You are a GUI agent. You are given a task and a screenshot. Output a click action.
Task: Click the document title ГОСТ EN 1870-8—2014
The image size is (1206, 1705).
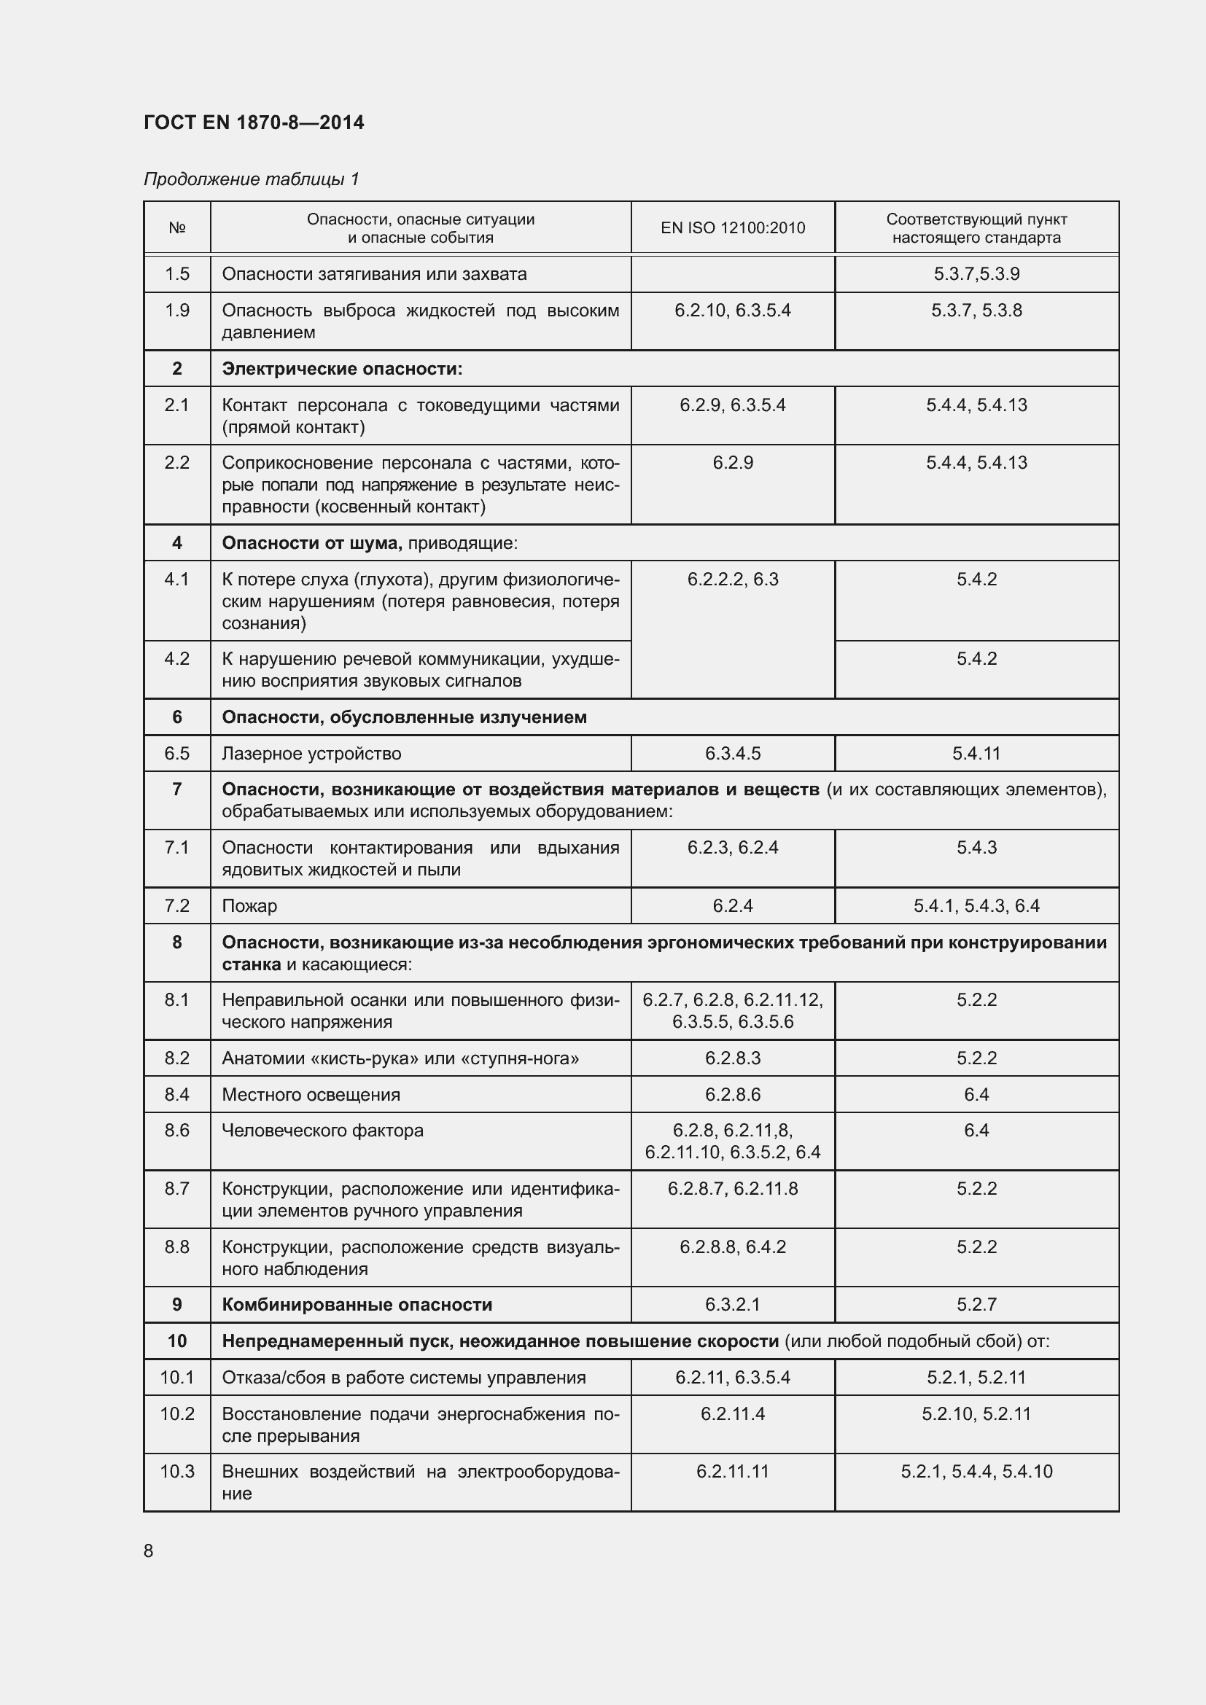click(254, 122)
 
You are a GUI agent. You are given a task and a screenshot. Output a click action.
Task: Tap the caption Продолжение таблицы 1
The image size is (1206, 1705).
click(251, 179)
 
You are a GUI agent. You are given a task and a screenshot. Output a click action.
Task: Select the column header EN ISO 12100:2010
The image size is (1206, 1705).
click(732, 228)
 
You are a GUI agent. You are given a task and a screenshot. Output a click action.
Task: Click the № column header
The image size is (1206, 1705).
click(176, 228)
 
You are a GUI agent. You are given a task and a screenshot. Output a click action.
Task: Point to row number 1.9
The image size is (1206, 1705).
click(176, 311)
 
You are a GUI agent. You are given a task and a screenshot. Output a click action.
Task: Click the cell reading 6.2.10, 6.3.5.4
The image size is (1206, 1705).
click(732, 311)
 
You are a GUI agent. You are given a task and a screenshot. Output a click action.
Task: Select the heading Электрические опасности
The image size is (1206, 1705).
click(341, 369)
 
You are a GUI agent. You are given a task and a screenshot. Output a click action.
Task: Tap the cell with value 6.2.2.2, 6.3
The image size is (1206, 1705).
click(732, 580)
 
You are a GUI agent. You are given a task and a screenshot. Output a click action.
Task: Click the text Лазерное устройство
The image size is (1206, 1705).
click(311, 754)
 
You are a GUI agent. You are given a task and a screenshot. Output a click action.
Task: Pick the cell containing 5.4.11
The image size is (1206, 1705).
click(976, 754)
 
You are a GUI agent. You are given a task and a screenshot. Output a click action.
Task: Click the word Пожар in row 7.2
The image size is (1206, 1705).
click(249, 906)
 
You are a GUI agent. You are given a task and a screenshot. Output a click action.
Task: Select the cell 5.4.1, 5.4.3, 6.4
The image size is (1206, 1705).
click(976, 906)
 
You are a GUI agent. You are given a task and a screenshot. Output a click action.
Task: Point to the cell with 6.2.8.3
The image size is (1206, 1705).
click(732, 1058)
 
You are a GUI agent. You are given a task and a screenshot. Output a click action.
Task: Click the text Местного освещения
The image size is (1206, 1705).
click(311, 1095)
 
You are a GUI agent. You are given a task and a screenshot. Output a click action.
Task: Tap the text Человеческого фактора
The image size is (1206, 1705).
click(322, 1131)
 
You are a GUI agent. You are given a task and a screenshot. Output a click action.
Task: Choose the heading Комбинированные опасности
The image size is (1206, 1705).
click(357, 1305)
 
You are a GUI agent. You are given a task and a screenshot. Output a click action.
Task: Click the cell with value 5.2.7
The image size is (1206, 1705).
click(976, 1305)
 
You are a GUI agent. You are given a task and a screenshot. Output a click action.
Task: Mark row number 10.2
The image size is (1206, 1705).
click(176, 1414)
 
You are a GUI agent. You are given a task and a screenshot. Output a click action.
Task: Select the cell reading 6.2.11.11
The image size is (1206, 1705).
click(732, 1472)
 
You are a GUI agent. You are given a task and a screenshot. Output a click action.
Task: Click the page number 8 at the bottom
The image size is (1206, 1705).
click(149, 1551)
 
